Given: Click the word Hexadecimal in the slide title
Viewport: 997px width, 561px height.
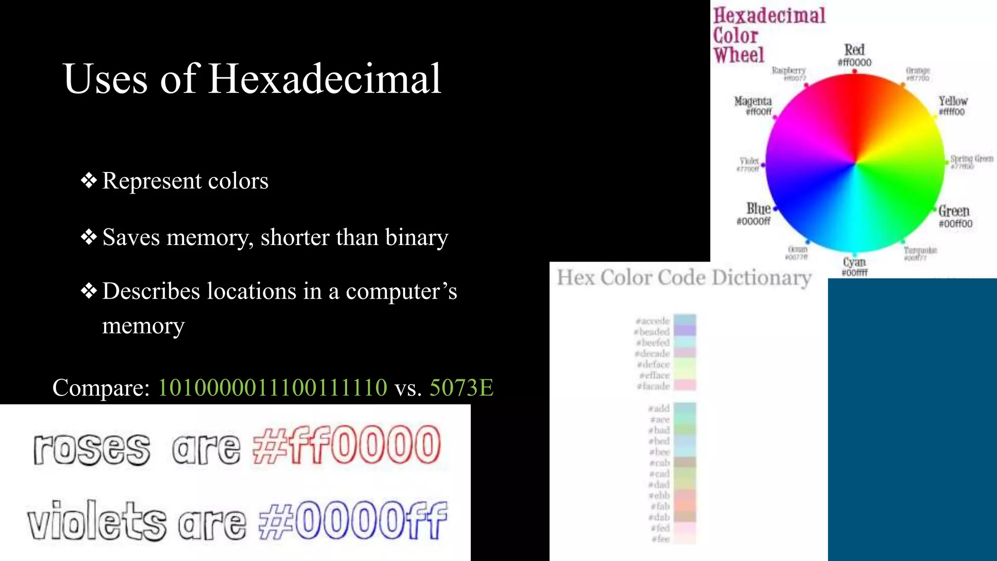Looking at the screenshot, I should pyautogui.click(x=325, y=79).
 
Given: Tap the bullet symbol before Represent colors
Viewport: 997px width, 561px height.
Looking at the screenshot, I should pyautogui.click(x=89, y=181).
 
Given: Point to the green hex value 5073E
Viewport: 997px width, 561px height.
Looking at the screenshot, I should pyautogui.click(x=461, y=388).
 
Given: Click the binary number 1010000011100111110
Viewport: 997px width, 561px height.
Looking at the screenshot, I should pyautogui.click(x=273, y=388).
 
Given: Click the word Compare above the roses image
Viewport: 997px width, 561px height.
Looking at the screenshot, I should pyautogui.click(x=101, y=388).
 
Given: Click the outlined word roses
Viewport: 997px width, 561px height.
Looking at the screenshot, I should pyautogui.click(x=92, y=449).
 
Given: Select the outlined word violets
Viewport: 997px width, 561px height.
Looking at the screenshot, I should pyautogui.click(x=96, y=521).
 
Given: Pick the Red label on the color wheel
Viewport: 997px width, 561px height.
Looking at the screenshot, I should pyautogui.click(x=854, y=50).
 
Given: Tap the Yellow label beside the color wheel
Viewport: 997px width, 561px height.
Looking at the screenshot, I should pyautogui.click(x=953, y=101).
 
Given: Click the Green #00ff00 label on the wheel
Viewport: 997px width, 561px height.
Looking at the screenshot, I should pyautogui.click(x=955, y=216).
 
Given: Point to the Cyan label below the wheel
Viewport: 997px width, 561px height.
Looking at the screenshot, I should pyautogui.click(x=854, y=262).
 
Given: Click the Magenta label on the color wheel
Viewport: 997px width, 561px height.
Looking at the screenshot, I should pyautogui.click(x=753, y=101).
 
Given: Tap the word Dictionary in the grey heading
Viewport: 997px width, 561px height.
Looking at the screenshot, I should pyautogui.click(x=761, y=278).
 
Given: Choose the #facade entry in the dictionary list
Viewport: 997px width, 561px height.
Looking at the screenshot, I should pyautogui.click(x=654, y=386).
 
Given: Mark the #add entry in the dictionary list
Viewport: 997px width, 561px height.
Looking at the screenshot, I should pyautogui.click(x=659, y=409).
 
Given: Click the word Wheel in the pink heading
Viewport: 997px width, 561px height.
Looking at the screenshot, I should pyautogui.click(x=739, y=55).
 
